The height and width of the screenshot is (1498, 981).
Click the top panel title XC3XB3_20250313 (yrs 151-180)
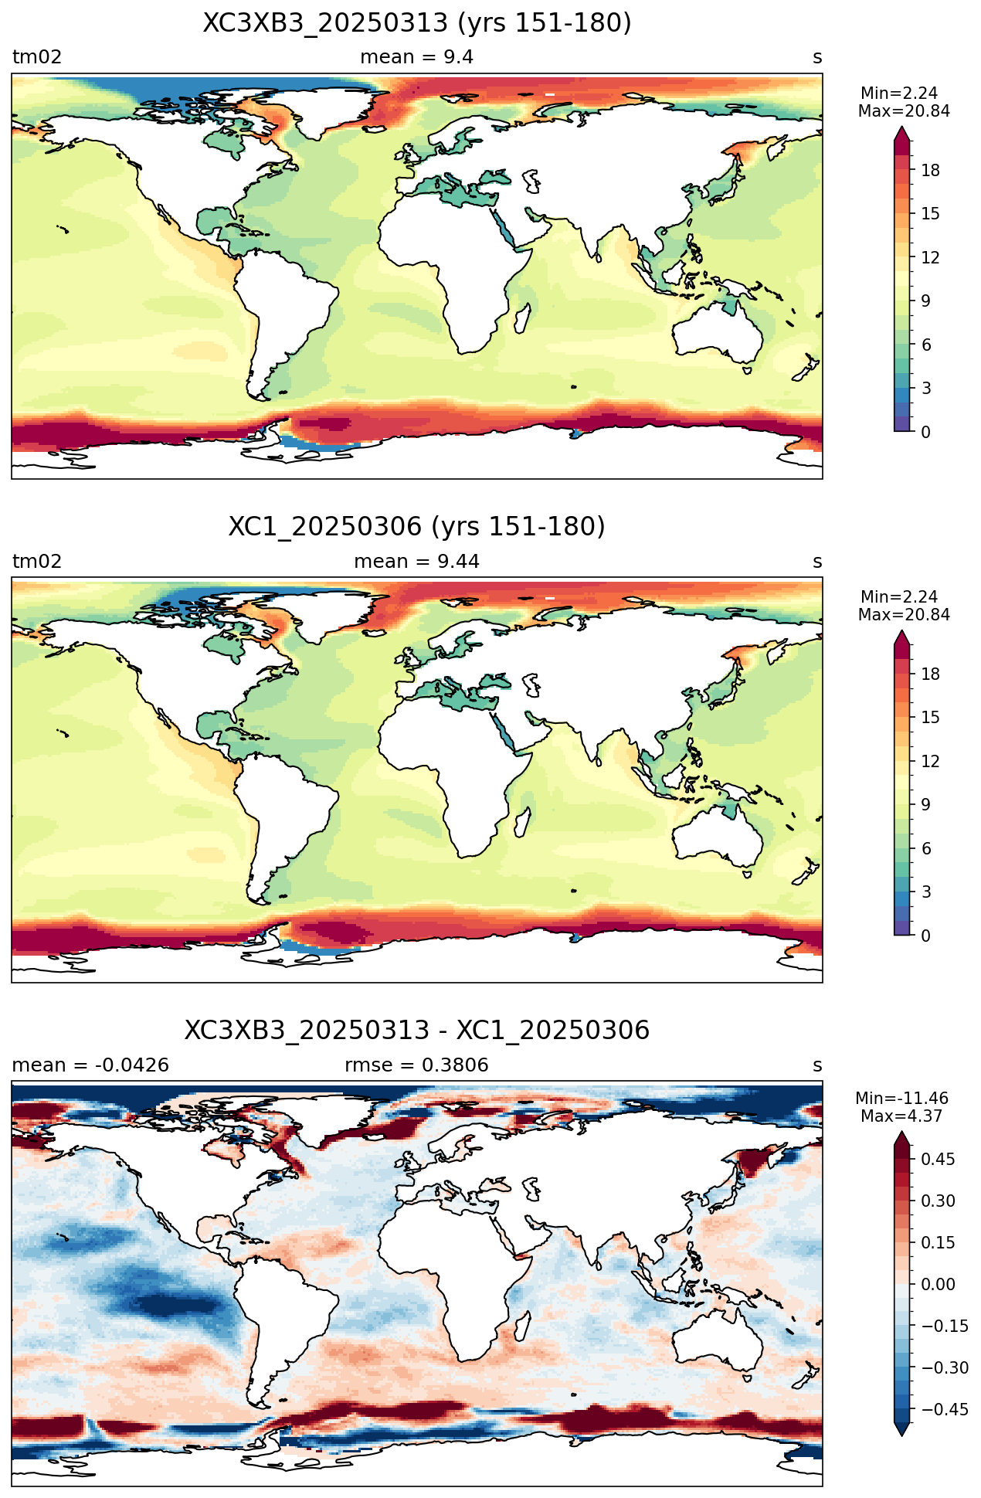coord(417,24)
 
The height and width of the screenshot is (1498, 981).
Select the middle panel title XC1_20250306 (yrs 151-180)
coord(417,528)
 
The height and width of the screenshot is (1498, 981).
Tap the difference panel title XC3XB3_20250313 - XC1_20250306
coord(417,1031)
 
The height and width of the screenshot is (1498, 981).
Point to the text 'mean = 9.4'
coord(417,57)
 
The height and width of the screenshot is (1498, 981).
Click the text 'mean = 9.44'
coord(417,562)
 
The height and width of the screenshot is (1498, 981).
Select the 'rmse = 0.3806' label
coord(417,1065)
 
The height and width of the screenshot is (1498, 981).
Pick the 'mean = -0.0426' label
coord(90,1065)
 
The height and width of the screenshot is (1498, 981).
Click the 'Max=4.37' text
coord(901,1116)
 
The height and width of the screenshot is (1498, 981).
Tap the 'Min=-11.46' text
coord(901,1099)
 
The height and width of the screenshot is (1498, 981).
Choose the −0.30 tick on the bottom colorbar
coord(938,1368)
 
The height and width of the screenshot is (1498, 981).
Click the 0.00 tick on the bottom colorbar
coord(938,1285)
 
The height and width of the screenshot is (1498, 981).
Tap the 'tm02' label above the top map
coord(37,57)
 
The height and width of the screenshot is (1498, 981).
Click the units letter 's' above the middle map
coord(817,562)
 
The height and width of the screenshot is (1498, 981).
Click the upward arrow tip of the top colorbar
coord(902,128)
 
